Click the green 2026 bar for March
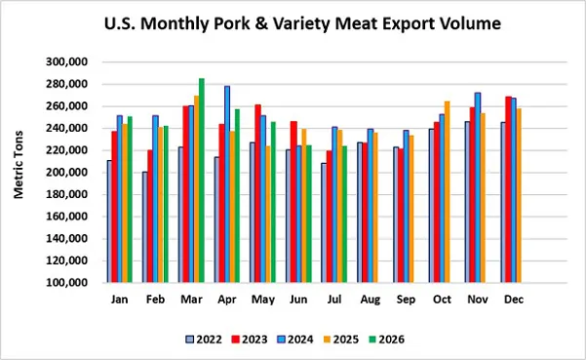tap(202, 180)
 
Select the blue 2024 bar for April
tap(227, 184)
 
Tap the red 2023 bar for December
tap(509, 189)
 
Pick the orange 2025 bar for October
tap(447, 192)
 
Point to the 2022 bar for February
tap(145, 227)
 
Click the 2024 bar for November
tap(478, 187)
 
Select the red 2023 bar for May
tap(257, 193)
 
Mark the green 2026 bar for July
tap(344, 215)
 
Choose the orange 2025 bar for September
tap(411, 209)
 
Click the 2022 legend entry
tap(204, 340)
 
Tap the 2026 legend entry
tap(386, 340)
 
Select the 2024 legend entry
tap(295, 340)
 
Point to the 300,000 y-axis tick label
tap(66, 62)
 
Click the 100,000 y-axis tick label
tap(66, 283)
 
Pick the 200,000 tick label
tap(66, 173)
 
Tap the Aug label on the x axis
tap(371, 300)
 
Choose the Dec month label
tap(514, 300)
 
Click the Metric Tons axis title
tap(19, 165)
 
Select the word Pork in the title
tap(237, 23)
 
